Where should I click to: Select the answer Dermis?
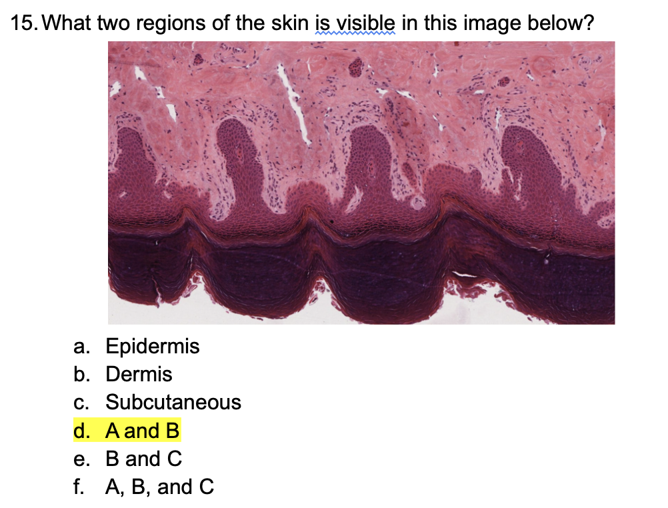139,375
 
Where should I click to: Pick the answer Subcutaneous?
173,403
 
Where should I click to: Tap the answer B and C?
143,459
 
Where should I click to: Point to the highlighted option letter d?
81,431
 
